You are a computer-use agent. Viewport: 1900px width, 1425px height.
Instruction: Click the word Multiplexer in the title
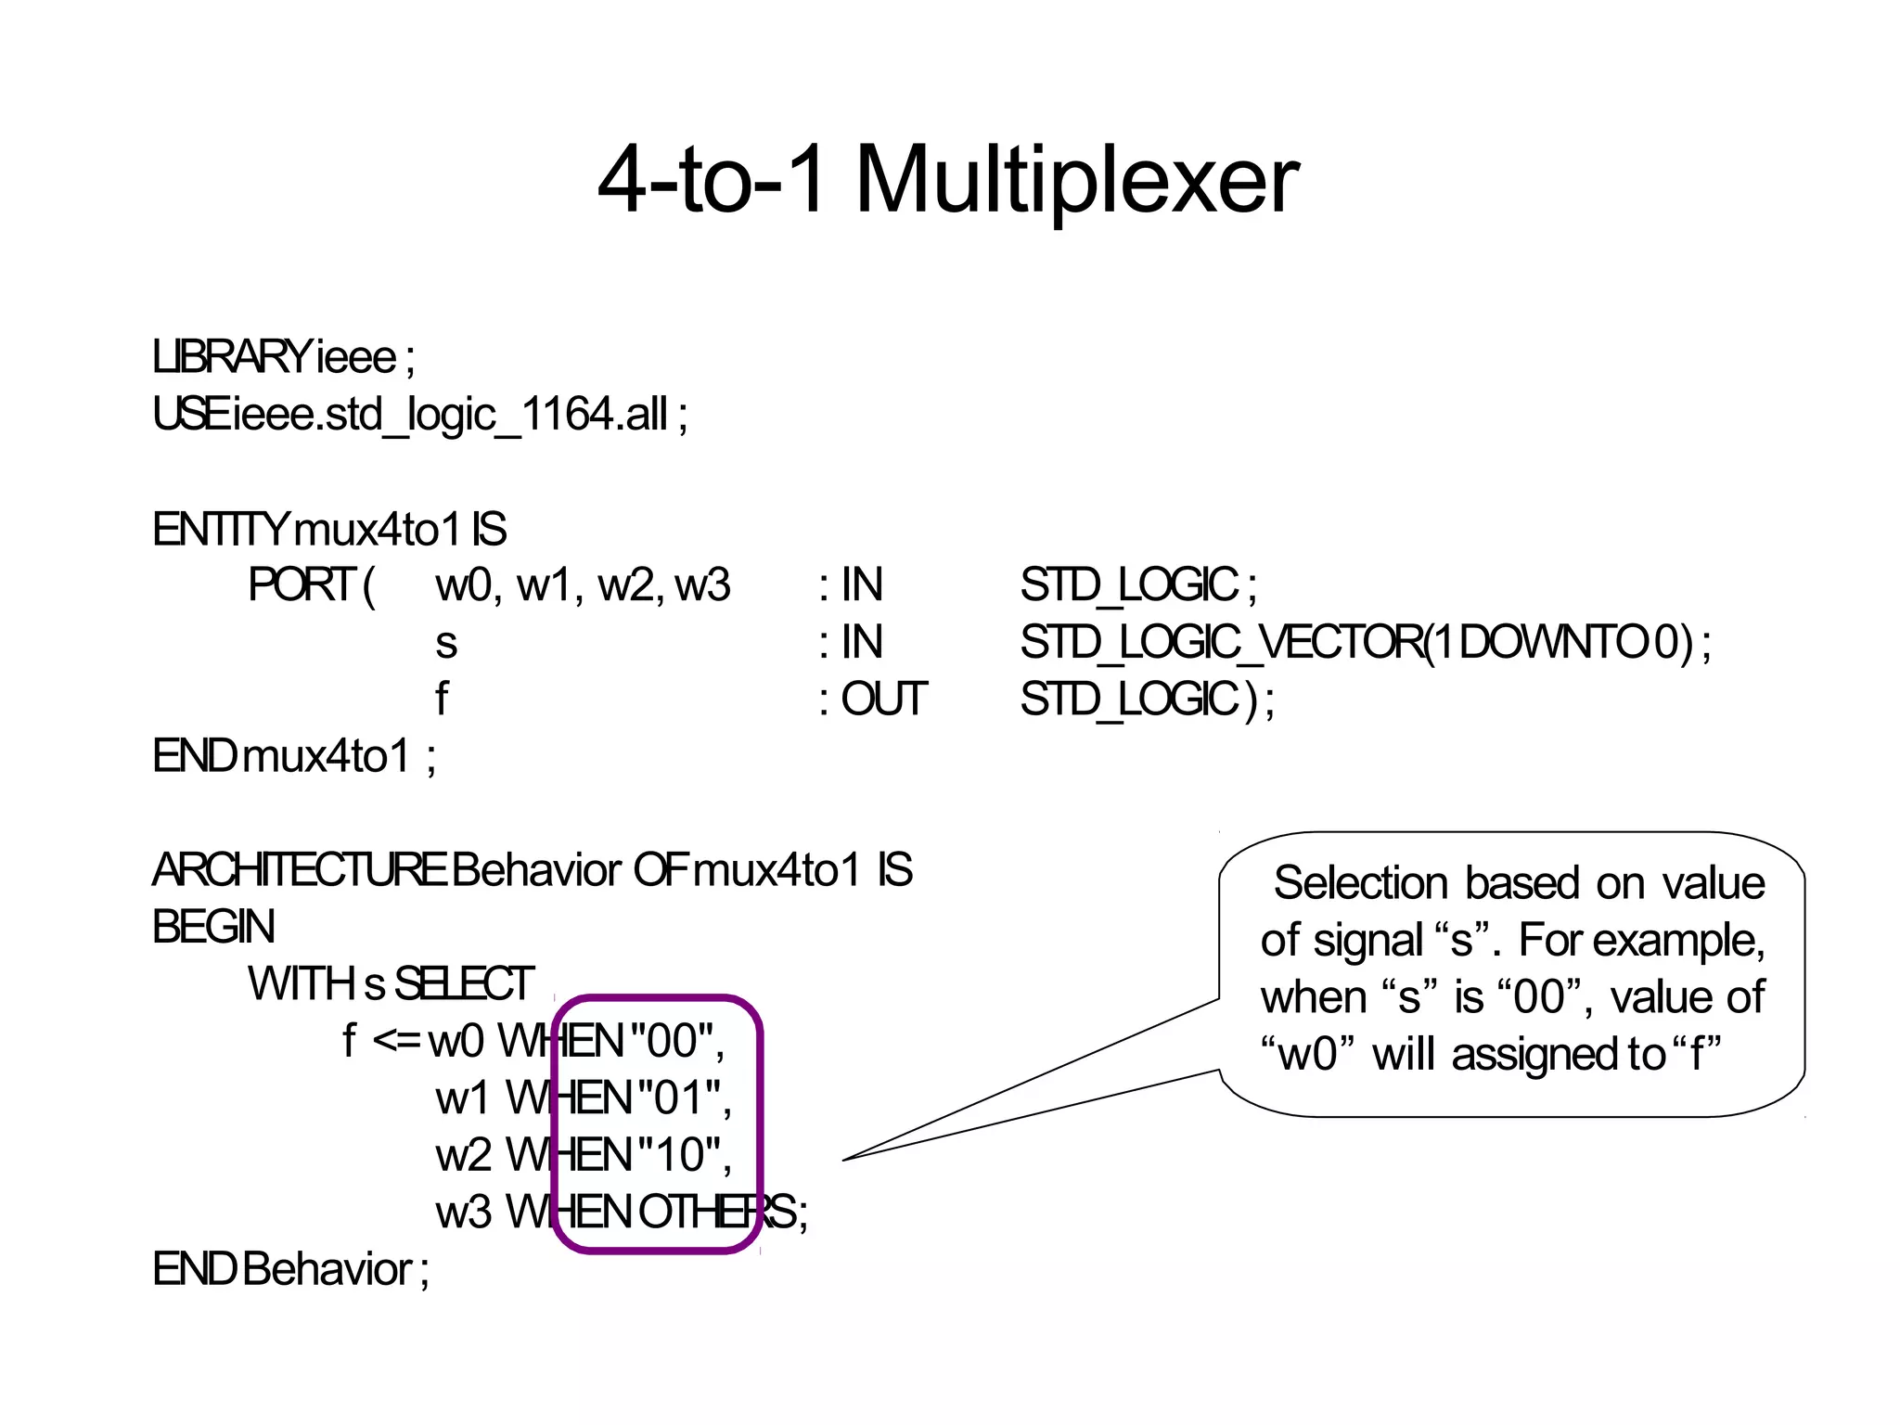1076,181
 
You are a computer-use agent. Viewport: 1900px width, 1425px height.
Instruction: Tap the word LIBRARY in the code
232,358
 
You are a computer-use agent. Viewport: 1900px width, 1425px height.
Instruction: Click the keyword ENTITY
221,530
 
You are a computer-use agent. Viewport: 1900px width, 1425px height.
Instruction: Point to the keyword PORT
302,585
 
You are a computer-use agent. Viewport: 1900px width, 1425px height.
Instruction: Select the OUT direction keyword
883,700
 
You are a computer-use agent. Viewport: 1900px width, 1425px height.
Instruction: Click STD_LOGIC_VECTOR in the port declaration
1220,642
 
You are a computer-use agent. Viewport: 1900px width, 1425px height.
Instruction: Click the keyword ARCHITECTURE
299,870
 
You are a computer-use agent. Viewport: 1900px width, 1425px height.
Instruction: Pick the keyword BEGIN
213,927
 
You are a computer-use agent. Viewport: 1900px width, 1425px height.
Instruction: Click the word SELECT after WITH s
464,984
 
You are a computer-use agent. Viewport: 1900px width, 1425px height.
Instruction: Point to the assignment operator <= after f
396,1041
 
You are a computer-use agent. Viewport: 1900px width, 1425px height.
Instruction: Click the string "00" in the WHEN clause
672,1041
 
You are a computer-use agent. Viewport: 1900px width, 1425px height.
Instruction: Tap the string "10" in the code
679,1155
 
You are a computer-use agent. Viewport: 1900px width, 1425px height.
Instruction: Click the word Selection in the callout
1360,883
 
